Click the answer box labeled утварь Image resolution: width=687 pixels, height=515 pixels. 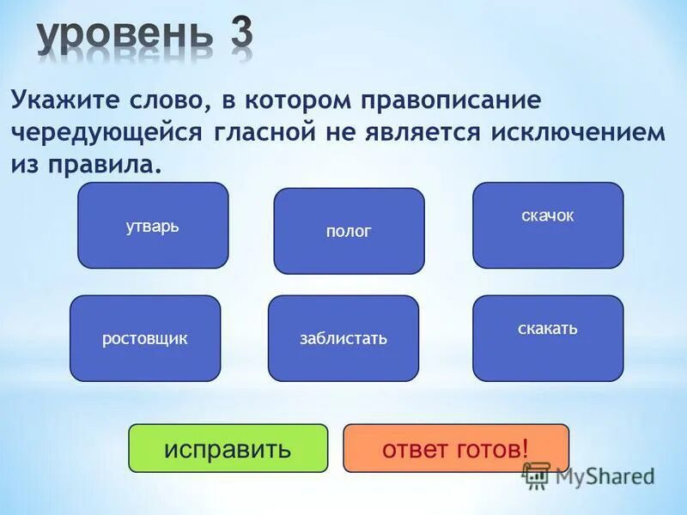tap(153, 226)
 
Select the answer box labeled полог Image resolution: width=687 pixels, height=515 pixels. tap(349, 231)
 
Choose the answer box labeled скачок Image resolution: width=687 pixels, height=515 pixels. tap(548, 225)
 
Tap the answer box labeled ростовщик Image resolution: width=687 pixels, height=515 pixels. tap(145, 338)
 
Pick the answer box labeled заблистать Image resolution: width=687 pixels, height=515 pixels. tap(343, 338)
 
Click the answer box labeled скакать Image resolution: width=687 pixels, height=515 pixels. tap(548, 337)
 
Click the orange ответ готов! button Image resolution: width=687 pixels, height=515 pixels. tap(456, 448)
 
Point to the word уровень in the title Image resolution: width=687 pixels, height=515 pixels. tap(125, 38)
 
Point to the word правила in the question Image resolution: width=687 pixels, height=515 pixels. tap(106, 164)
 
